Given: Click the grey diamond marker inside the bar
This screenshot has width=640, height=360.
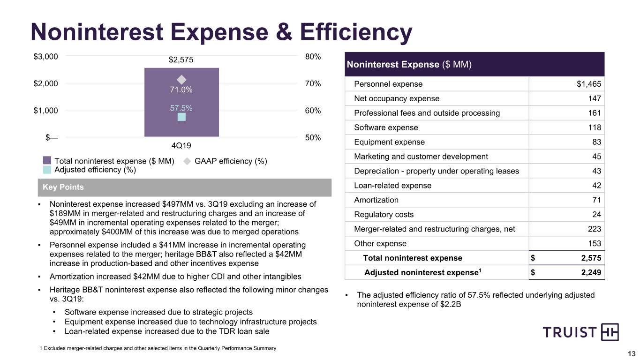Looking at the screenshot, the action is tap(181, 80).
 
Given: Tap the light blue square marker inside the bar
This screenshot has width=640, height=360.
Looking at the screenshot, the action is tap(181, 117).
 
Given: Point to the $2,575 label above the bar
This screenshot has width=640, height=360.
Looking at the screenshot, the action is tap(181, 60).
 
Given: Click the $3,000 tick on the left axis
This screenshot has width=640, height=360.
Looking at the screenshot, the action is tap(46, 57).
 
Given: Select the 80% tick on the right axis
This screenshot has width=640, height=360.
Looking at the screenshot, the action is tap(313, 57).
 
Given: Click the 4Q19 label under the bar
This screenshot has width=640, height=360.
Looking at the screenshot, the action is tap(181, 146).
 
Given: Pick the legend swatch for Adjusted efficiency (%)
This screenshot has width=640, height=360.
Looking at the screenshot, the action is tap(47, 170).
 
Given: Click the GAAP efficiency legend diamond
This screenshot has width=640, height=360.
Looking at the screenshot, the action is tap(187, 161).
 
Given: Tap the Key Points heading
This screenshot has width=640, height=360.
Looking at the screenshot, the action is tap(63, 187).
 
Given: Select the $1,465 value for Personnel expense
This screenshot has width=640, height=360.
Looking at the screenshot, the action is tap(589, 84).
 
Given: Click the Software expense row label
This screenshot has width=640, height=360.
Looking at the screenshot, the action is tap(386, 127).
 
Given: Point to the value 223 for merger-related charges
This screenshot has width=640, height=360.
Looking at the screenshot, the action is tap(595, 229).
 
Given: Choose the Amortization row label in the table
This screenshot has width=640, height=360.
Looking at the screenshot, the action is tap(376, 200).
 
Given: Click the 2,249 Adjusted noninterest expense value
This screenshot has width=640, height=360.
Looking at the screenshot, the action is tap(591, 272).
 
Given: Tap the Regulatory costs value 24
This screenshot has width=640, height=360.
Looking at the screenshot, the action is tap(596, 214).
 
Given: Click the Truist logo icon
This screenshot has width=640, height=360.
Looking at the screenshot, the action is tap(610, 332).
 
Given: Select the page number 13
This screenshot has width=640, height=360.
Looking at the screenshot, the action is tap(632, 354).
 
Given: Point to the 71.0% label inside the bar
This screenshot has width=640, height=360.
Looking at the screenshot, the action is tap(181, 90).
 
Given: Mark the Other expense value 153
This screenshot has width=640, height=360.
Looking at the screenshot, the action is tap(595, 243).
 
